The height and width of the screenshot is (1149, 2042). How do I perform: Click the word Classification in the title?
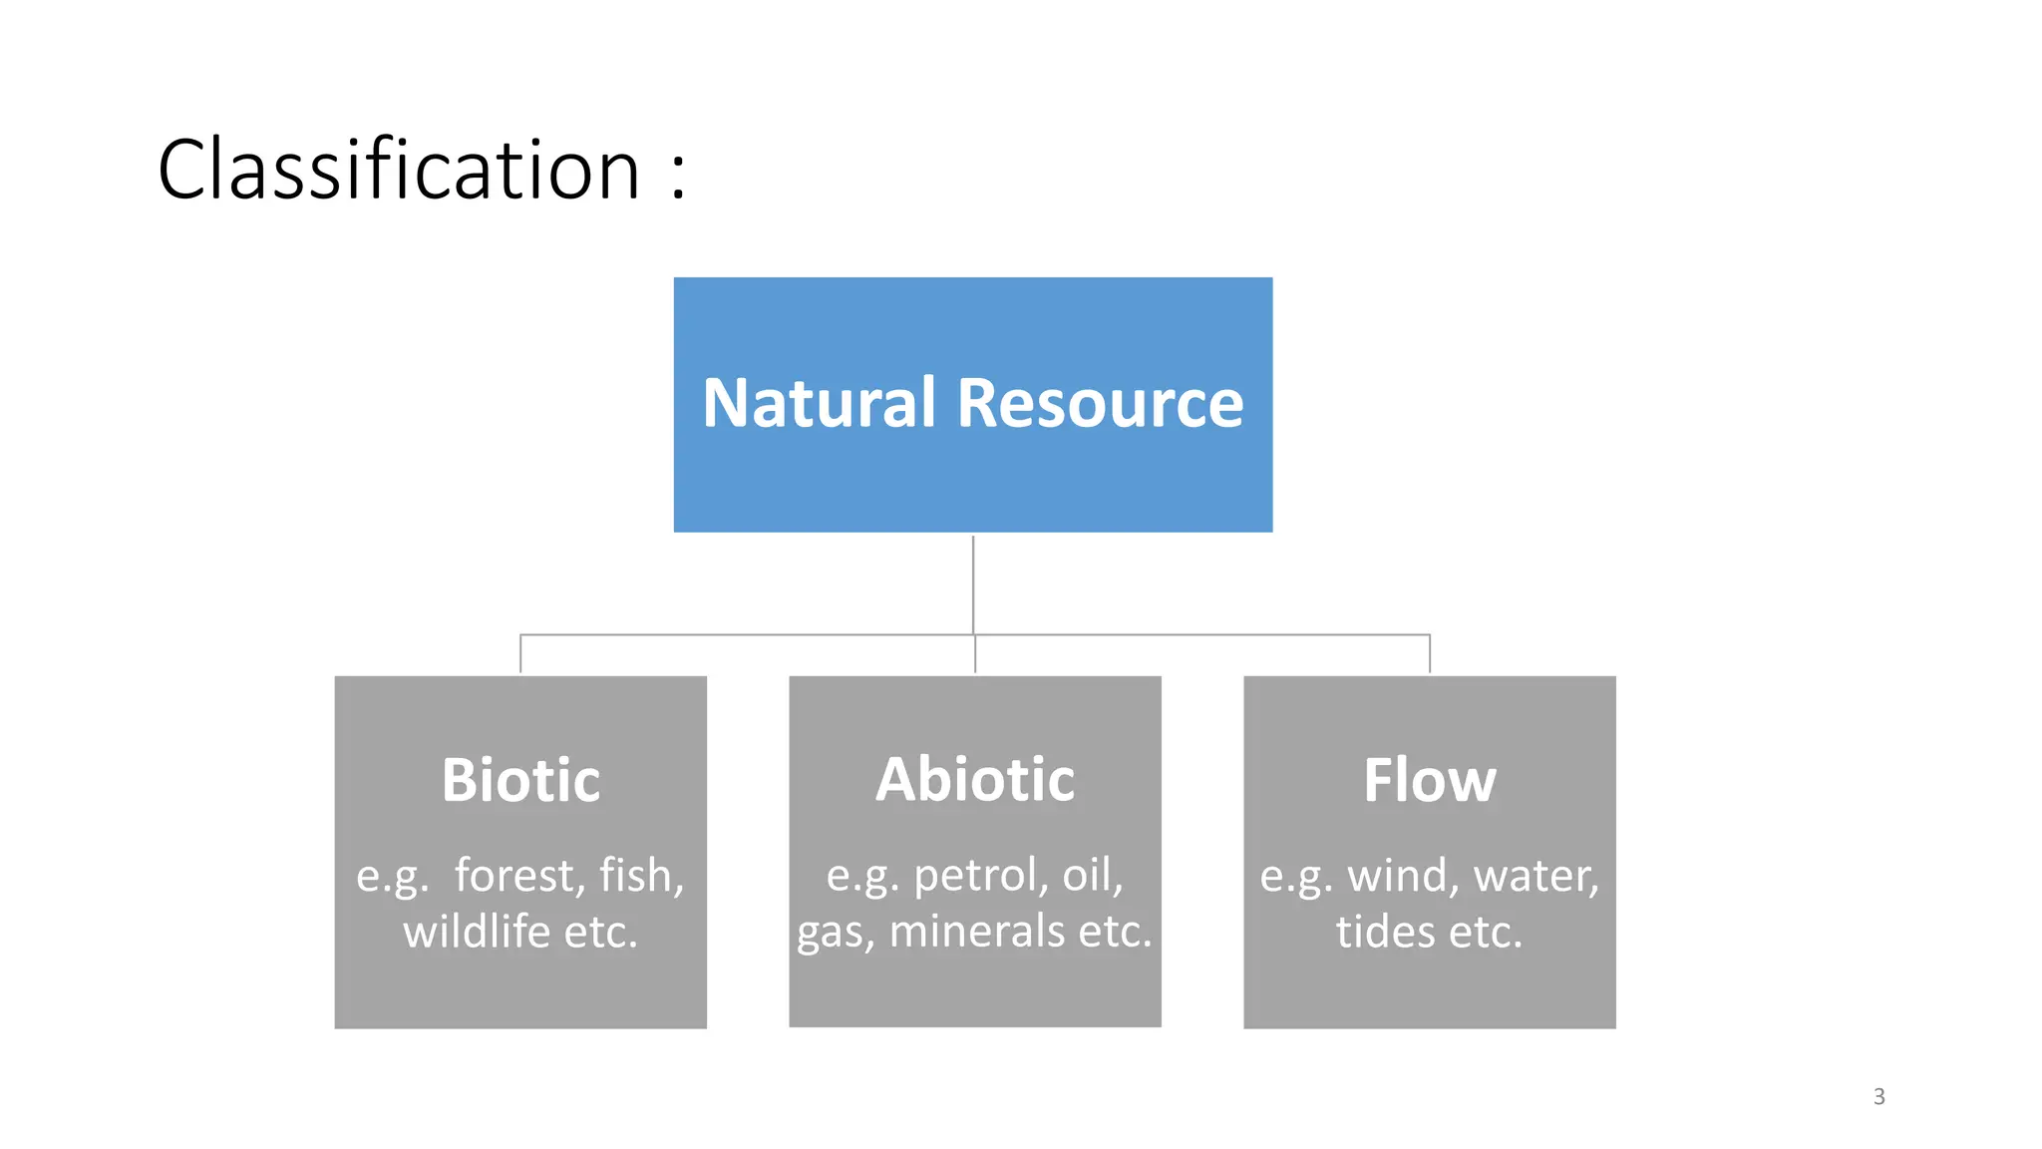coord(399,170)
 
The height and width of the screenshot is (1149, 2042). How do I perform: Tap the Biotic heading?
coord(520,780)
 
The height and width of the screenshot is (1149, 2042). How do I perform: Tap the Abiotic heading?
coord(975,779)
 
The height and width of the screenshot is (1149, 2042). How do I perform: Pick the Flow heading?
coord(1429,780)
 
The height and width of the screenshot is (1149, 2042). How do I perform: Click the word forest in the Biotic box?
coord(518,876)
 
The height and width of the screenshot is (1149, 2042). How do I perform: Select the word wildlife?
coord(477,932)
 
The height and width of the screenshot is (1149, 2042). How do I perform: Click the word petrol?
coord(979,876)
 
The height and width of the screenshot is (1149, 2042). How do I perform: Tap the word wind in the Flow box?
coord(1403,876)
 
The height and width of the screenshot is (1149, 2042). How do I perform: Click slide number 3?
coord(1878,1097)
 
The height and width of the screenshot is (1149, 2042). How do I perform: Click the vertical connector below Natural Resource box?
coord(973,583)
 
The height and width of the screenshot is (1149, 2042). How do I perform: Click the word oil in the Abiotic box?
coord(1091,876)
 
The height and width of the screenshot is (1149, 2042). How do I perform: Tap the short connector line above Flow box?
coord(1429,653)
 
